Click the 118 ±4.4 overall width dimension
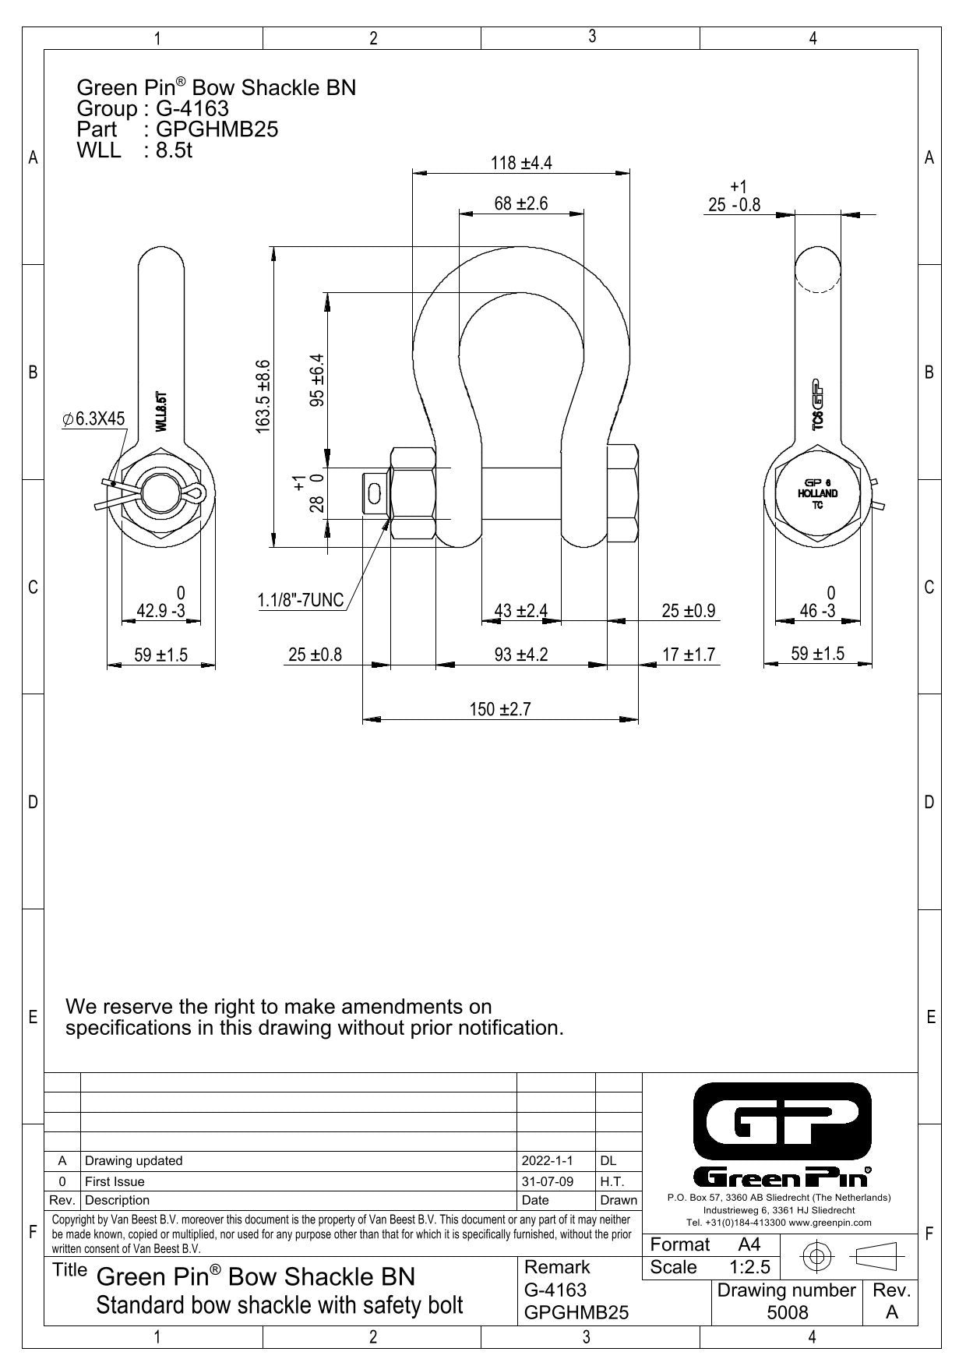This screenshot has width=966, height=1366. click(x=521, y=163)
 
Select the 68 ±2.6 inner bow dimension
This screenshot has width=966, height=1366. click(x=521, y=203)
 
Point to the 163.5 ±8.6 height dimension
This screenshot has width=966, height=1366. click(x=263, y=396)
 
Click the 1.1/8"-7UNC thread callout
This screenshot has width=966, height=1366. click(x=301, y=600)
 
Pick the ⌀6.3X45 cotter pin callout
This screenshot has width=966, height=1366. click(x=93, y=419)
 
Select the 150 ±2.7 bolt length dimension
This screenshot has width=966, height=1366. click(x=499, y=709)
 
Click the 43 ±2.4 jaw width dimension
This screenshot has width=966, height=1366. click(x=521, y=611)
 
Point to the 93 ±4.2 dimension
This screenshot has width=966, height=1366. click(x=521, y=655)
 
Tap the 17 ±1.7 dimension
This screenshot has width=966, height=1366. click(x=689, y=655)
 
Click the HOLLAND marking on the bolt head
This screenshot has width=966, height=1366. click(x=818, y=493)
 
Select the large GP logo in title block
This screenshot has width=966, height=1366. click(x=782, y=1121)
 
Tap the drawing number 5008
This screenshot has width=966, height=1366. click(x=788, y=1312)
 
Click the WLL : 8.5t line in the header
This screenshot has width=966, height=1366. click(x=135, y=150)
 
